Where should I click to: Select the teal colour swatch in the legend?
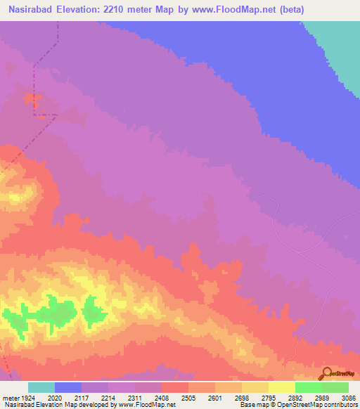point(41,387)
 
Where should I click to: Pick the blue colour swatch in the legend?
point(68,387)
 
